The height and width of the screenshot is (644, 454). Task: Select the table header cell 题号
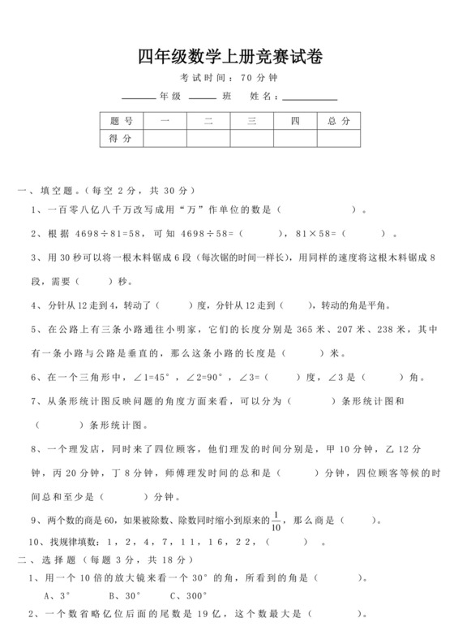point(121,120)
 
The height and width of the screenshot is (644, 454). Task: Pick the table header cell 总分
point(339,120)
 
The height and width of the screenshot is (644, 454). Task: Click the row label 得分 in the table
point(121,139)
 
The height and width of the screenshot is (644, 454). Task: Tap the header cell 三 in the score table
point(252,120)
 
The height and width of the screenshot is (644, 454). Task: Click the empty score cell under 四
point(295,139)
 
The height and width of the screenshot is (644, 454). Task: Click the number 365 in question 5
point(309,330)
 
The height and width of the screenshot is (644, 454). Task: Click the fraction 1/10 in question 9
point(277,520)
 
